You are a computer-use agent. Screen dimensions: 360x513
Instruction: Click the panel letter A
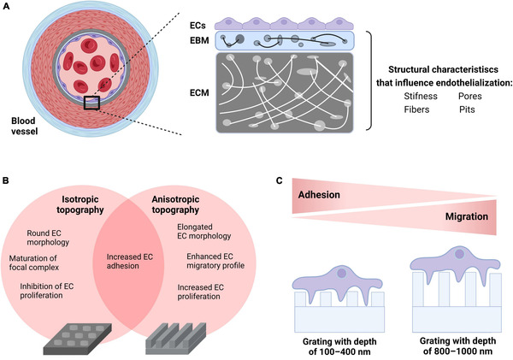click(x=8, y=9)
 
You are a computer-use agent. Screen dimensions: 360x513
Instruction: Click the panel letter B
click(x=8, y=180)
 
